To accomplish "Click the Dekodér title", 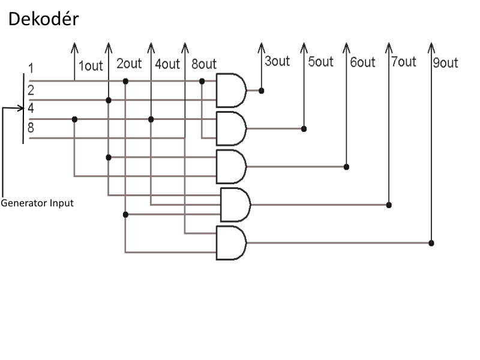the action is click(x=43, y=19).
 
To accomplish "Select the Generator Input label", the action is click(x=37, y=203).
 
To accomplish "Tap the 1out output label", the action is click(x=91, y=66).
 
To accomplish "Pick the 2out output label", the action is click(x=129, y=64).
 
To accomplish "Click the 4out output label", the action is click(x=167, y=64).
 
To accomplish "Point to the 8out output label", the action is click(x=204, y=64).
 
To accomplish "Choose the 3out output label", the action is click(x=277, y=61).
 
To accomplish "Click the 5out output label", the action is click(x=320, y=62).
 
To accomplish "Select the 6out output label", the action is click(x=363, y=62).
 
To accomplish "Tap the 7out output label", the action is click(x=404, y=62).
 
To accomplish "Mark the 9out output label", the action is click(x=446, y=63).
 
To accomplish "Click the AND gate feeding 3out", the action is click(x=231, y=91).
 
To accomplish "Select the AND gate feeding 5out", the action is click(x=231, y=128).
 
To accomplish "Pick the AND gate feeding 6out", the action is click(x=231, y=167).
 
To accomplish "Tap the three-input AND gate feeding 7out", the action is click(x=235, y=205).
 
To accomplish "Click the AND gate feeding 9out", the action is click(x=231, y=243).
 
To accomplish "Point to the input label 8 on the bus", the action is click(x=31, y=127).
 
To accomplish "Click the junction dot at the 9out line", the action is click(x=431, y=243).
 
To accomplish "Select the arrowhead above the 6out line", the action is click(x=346, y=48).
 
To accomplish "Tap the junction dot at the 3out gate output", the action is click(x=262, y=91).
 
